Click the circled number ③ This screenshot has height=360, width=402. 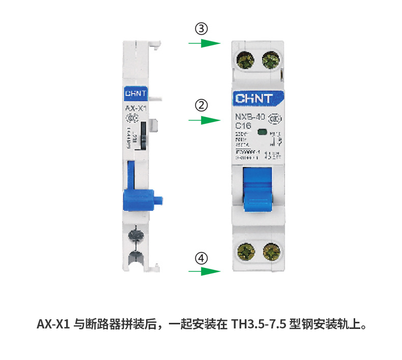point(203,29)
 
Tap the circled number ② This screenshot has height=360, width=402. point(203,106)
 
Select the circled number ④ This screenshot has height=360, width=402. point(203,258)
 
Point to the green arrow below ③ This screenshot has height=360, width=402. point(204,43)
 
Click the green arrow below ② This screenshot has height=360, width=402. point(204,121)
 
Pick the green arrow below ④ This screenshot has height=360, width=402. point(204,271)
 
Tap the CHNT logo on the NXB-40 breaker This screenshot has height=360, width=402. point(254,98)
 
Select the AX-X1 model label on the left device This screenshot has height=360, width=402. point(135,108)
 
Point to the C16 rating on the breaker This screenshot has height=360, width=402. point(243,126)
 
